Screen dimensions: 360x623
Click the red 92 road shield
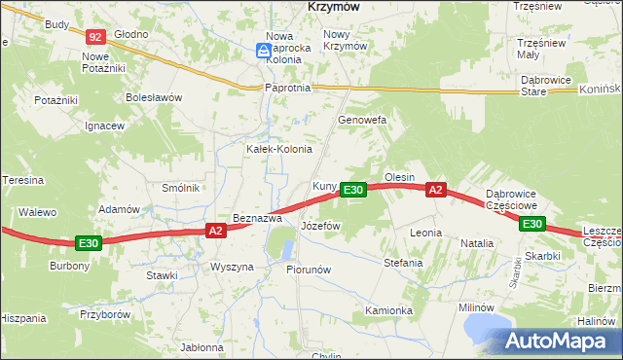[x=94, y=37]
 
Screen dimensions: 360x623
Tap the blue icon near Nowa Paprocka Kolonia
[x=264, y=51]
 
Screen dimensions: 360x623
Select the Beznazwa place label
[x=257, y=218]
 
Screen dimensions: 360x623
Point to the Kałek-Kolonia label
[x=279, y=149]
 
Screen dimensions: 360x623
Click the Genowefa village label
[x=362, y=120]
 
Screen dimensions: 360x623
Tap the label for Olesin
[x=400, y=177]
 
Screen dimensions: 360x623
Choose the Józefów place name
[x=320, y=225]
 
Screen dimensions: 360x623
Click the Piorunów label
[x=310, y=269]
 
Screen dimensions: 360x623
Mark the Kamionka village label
[x=389, y=310]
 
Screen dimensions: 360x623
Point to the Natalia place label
[x=477, y=242]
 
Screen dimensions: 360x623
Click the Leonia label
[x=426, y=233]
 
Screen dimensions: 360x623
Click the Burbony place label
[x=69, y=266]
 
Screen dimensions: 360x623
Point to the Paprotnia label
[x=287, y=88]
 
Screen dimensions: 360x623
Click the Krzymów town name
[x=334, y=6]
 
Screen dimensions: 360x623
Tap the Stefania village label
[x=403, y=263]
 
